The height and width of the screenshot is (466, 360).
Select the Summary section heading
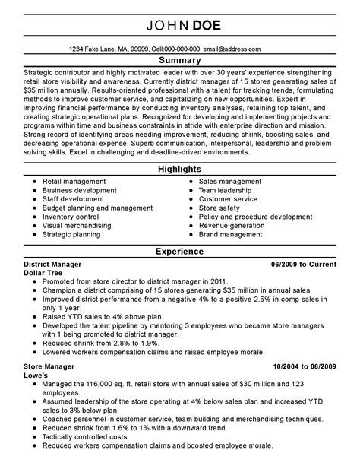pos(180,59)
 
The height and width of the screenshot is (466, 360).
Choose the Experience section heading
pos(180,250)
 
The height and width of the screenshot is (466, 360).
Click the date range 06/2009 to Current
pos(302,263)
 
